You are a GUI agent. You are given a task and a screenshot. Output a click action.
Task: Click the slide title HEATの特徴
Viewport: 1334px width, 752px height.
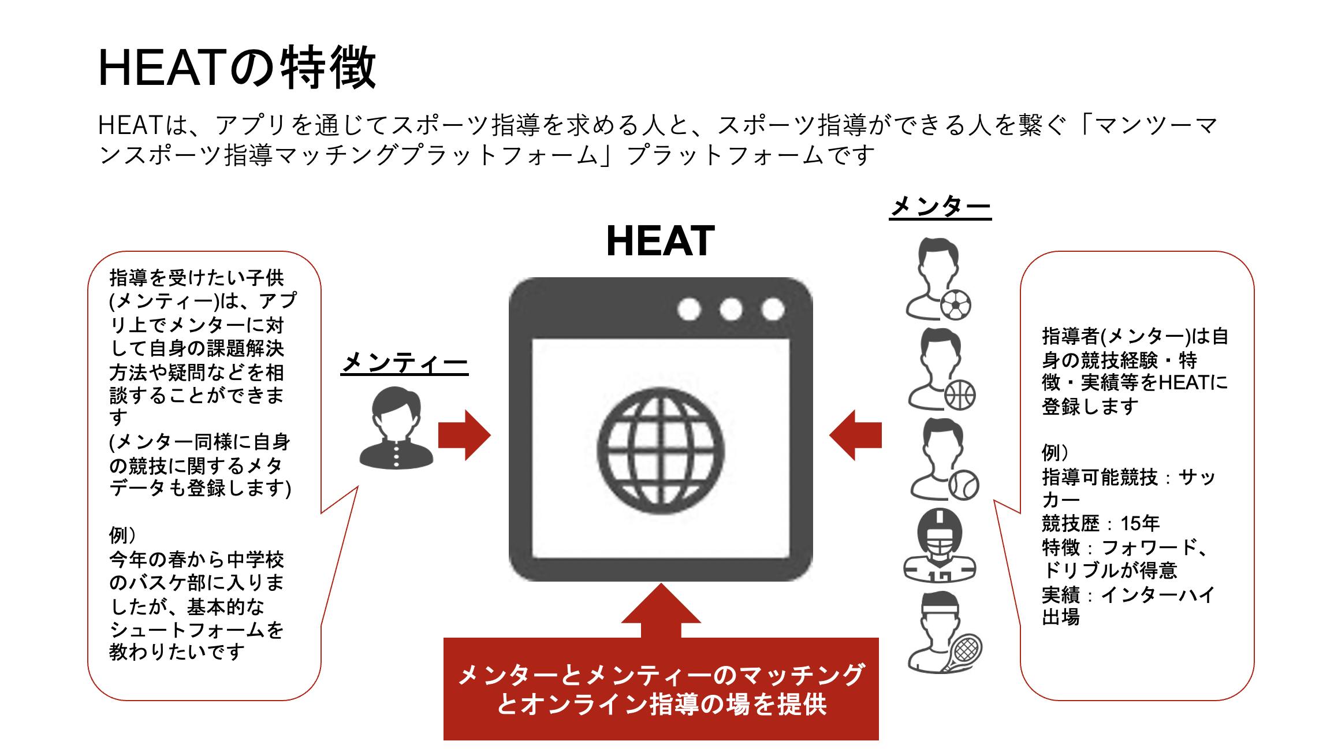pyautogui.click(x=237, y=68)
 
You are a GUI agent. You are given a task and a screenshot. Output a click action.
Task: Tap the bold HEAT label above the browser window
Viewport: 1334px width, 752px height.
pyautogui.click(x=660, y=241)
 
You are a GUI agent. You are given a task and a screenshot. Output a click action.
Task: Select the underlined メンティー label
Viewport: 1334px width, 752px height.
pyautogui.click(x=404, y=363)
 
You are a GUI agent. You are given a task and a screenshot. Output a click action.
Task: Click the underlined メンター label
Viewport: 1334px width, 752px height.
pyautogui.click(x=940, y=207)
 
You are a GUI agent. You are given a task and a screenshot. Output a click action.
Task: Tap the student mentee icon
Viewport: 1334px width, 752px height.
pyautogui.click(x=396, y=428)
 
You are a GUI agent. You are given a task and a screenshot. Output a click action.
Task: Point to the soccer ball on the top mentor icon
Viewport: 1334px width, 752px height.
pyautogui.click(x=955, y=306)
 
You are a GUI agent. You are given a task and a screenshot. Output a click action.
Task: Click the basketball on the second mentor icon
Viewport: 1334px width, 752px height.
pyautogui.click(x=960, y=396)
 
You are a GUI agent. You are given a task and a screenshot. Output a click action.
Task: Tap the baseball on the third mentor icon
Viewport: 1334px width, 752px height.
pyautogui.click(x=963, y=485)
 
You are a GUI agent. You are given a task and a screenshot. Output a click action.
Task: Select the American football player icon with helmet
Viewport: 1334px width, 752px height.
pyautogui.click(x=940, y=546)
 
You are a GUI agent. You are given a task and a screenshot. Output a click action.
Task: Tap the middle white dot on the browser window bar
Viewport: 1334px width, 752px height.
pyautogui.click(x=731, y=309)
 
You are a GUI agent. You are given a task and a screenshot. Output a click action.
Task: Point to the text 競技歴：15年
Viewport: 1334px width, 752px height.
pyautogui.click(x=1101, y=524)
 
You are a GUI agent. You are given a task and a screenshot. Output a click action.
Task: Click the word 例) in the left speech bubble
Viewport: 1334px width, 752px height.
pyautogui.click(x=123, y=535)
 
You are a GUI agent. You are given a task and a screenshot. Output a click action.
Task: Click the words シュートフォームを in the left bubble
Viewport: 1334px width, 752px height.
pyautogui.click(x=196, y=630)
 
